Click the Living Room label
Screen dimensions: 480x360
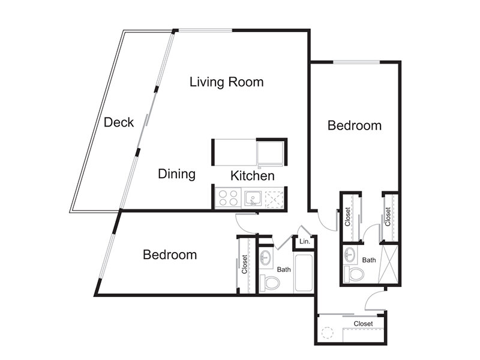pyautogui.click(x=227, y=82)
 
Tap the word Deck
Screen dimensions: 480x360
pyautogui.click(x=119, y=122)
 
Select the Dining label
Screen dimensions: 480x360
pyautogui.click(x=176, y=174)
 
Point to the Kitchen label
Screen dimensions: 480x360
pyautogui.click(x=252, y=176)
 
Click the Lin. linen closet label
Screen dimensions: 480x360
pyautogui.click(x=305, y=241)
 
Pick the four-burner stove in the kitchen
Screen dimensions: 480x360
pyautogui.click(x=228, y=198)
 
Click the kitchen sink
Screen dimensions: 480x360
pyautogui.click(x=253, y=199)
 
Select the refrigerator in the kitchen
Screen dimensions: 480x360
pyautogui.click(x=270, y=154)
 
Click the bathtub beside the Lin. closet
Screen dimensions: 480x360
pyautogui.click(x=304, y=272)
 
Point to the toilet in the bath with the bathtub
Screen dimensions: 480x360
pyautogui.click(x=269, y=283)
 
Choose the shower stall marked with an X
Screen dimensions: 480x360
pyautogui.click(x=388, y=264)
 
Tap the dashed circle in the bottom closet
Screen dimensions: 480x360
pyautogui.click(x=327, y=333)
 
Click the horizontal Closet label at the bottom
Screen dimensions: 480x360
pyautogui.click(x=363, y=323)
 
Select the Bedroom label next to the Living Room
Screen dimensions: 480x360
pyautogui.click(x=355, y=125)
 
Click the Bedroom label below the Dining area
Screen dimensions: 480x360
pyautogui.click(x=170, y=254)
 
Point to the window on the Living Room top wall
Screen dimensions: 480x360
pyautogui.click(x=205, y=31)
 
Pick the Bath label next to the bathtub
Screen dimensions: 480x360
pyautogui.click(x=284, y=269)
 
